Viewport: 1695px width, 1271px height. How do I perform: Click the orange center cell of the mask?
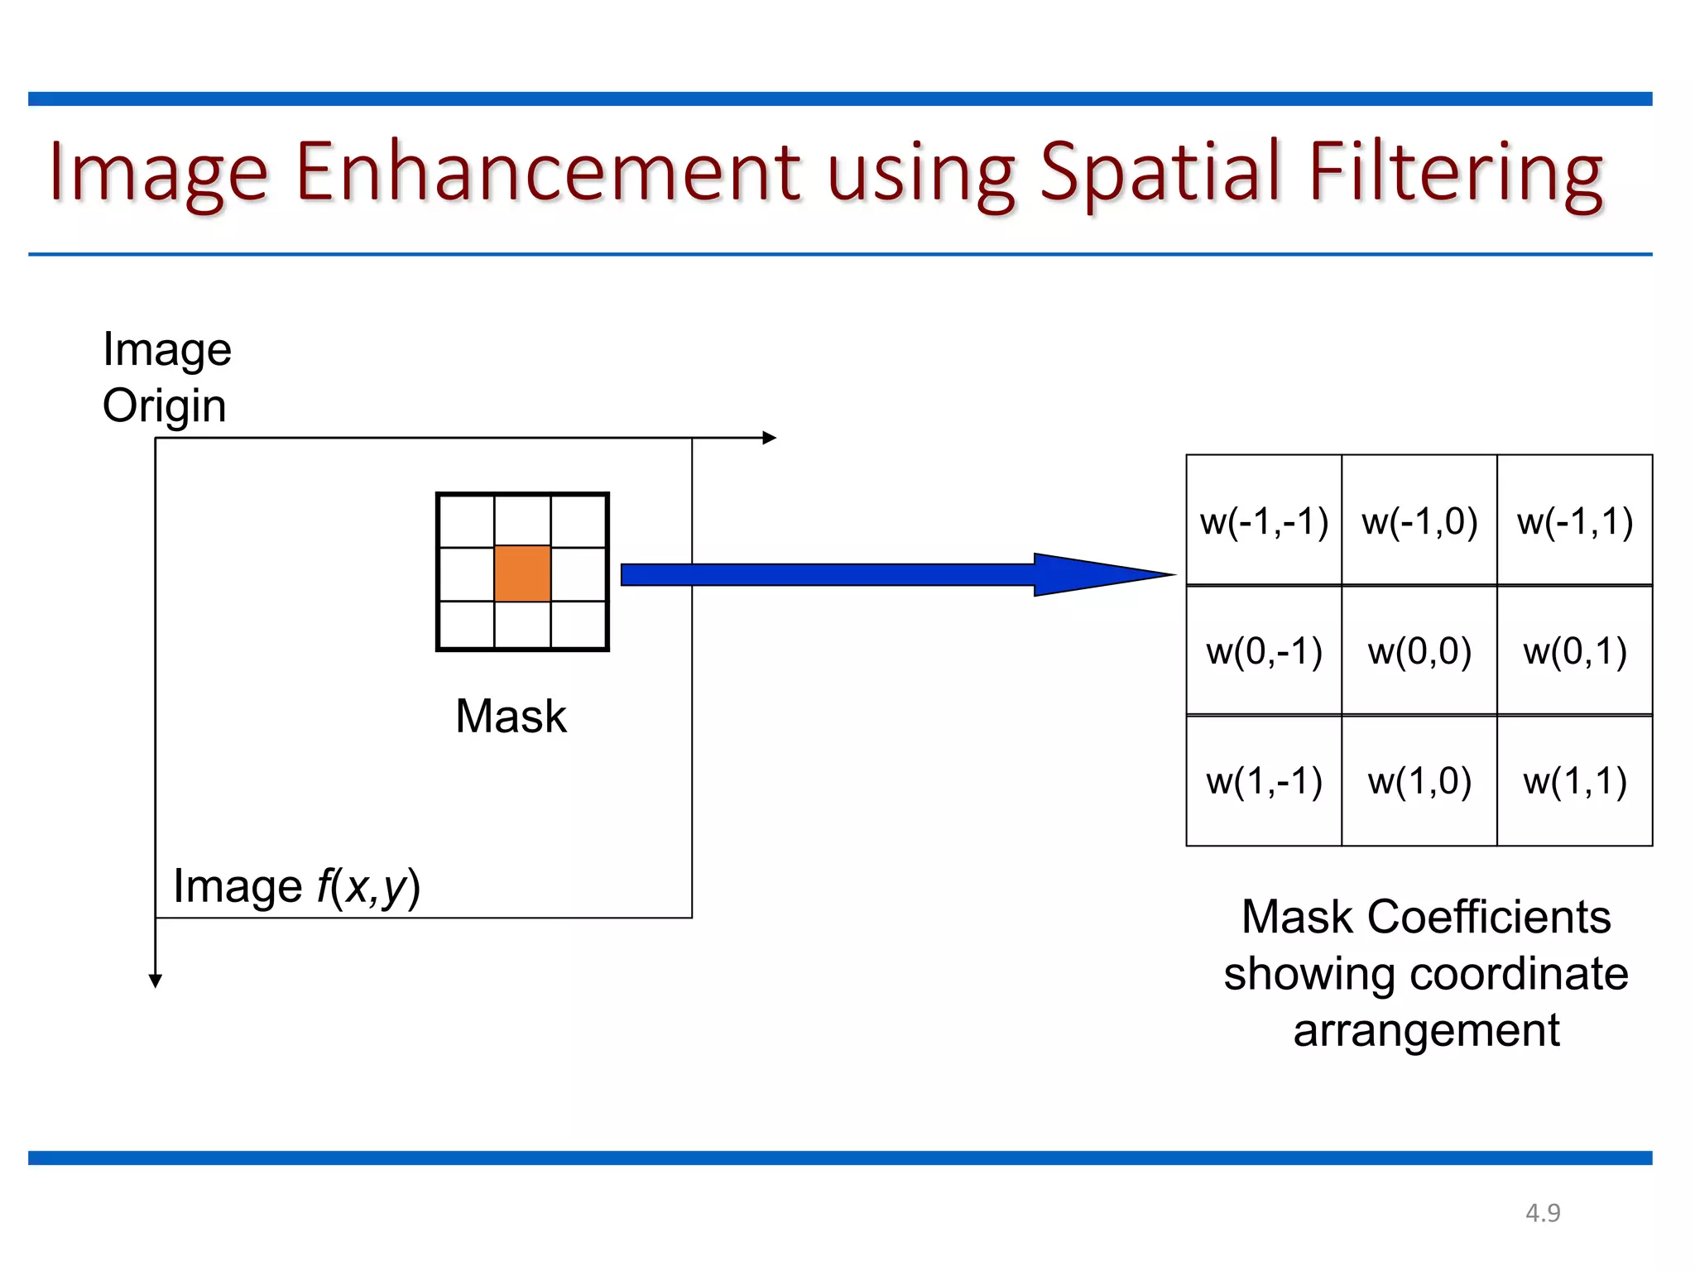tap(522, 573)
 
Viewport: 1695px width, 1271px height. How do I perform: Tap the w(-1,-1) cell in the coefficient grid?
tap(1263, 521)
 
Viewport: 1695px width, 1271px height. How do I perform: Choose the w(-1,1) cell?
tap(1574, 521)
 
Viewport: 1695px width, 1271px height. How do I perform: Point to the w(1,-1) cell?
tap(1263, 781)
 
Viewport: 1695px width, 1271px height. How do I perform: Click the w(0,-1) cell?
tap(1263, 651)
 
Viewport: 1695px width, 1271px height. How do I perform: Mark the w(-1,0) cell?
tap(1419, 521)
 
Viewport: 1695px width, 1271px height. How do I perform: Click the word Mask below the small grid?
tap(511, 716)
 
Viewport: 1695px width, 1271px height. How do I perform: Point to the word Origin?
tap(164, 406)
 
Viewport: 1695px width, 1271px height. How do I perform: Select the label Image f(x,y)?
tap(296, 887)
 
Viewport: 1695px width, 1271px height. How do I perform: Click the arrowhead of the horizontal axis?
tap(770, 438)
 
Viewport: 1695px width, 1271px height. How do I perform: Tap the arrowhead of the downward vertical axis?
tap(156, 981)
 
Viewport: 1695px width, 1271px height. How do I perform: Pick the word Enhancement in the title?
tap(548, 172)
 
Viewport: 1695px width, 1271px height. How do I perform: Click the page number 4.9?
tap(1543, 1213)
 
